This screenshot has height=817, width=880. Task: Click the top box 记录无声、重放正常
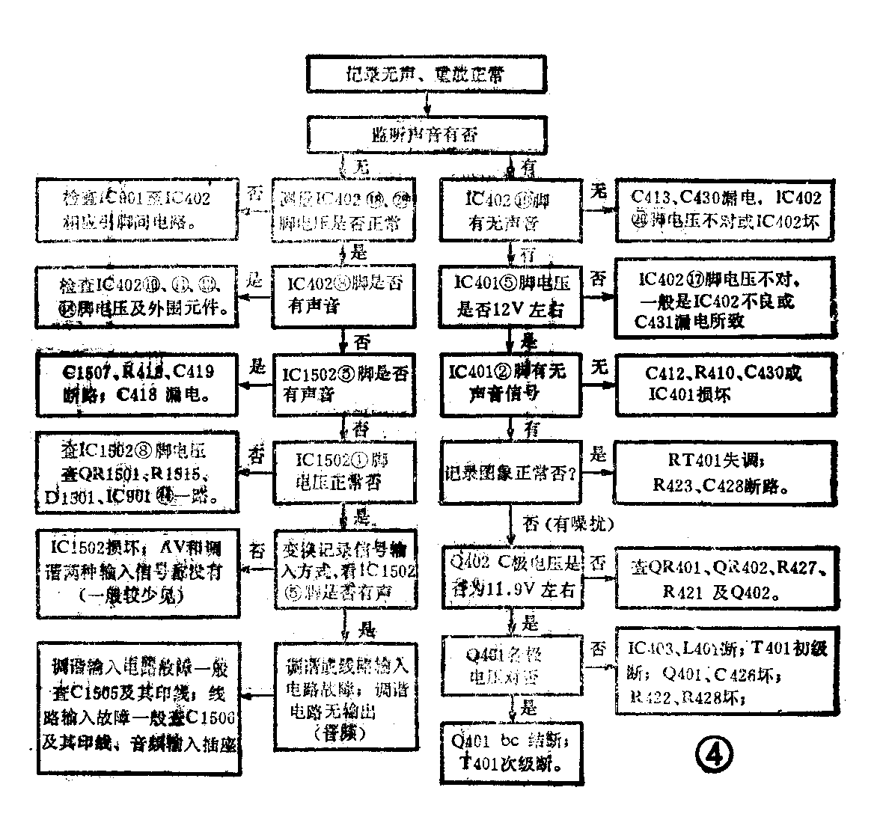427,73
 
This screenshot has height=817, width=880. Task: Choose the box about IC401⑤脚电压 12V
513,296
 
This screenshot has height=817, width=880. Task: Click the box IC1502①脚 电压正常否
343,471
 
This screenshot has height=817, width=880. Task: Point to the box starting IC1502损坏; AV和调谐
137,572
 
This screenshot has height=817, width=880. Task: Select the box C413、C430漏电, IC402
724,209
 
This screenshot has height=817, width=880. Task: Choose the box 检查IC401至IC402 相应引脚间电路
137,209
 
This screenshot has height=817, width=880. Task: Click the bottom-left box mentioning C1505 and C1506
137,705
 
